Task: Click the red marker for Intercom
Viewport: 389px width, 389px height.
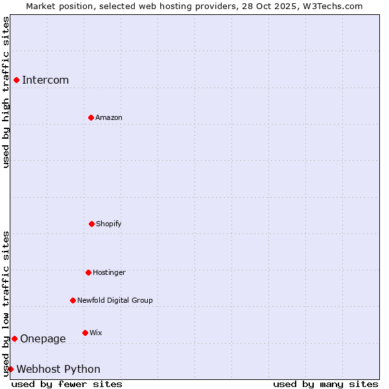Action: point(16,80)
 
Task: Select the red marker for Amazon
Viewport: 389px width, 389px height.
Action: point(91,117)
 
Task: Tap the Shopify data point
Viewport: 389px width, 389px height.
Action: point(91,224)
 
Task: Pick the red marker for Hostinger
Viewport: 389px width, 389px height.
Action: point(88,272)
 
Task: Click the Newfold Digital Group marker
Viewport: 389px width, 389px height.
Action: point(73,300)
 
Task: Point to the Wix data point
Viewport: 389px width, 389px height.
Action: point(85,333)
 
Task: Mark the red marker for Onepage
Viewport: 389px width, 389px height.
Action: point(14,338)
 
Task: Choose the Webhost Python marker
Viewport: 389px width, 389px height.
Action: point(10,369)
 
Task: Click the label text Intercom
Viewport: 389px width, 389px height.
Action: point(45,80)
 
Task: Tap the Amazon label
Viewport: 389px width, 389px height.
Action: point(109,118)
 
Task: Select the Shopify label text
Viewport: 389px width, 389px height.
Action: point(109,224)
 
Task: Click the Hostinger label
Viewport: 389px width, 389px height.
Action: point(109,273)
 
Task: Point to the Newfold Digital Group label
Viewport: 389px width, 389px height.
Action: point(115,301)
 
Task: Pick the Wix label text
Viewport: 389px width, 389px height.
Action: point(96,333)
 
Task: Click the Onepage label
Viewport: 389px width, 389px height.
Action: point(43,339)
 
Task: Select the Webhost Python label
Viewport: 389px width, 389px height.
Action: point(58,370)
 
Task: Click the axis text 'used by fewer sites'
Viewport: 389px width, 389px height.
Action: point(67,384)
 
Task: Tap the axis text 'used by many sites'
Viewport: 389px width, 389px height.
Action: point(325,384)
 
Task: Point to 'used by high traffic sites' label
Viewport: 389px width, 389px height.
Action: point(6,92)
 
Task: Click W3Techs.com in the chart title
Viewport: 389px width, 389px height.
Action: point(331,6)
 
